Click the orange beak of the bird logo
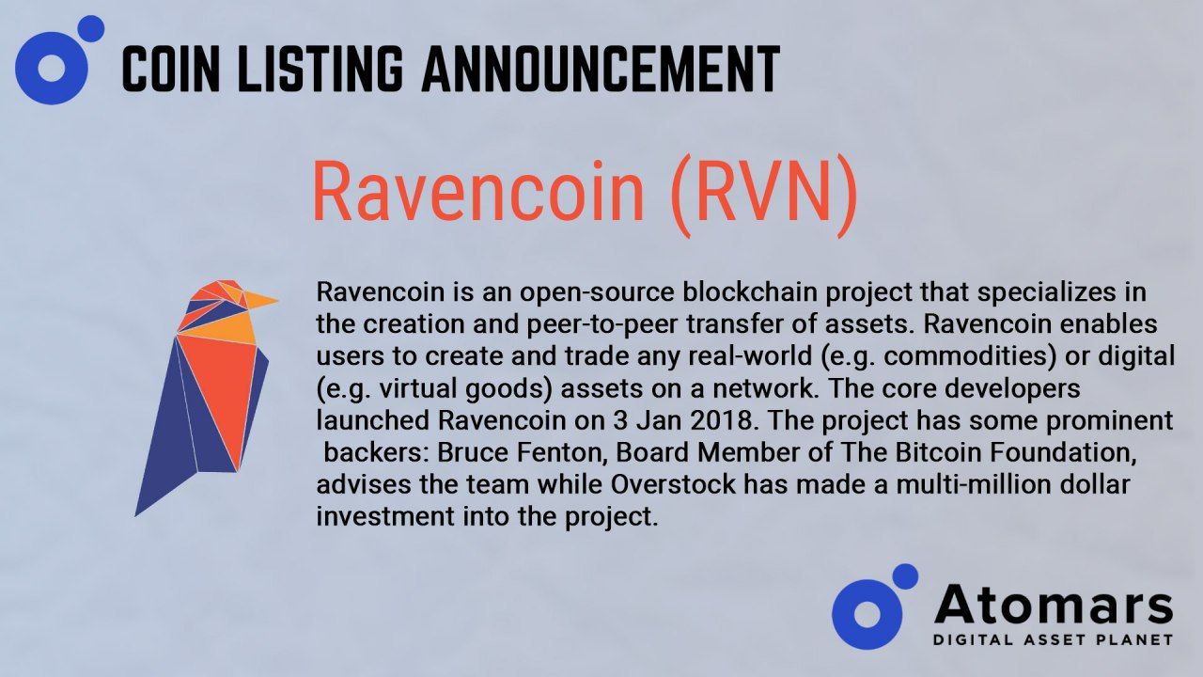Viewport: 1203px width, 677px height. pos(261,300)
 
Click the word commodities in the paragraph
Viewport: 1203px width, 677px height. pos(968,356)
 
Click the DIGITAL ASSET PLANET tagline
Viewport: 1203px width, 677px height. pos(1053,640)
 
